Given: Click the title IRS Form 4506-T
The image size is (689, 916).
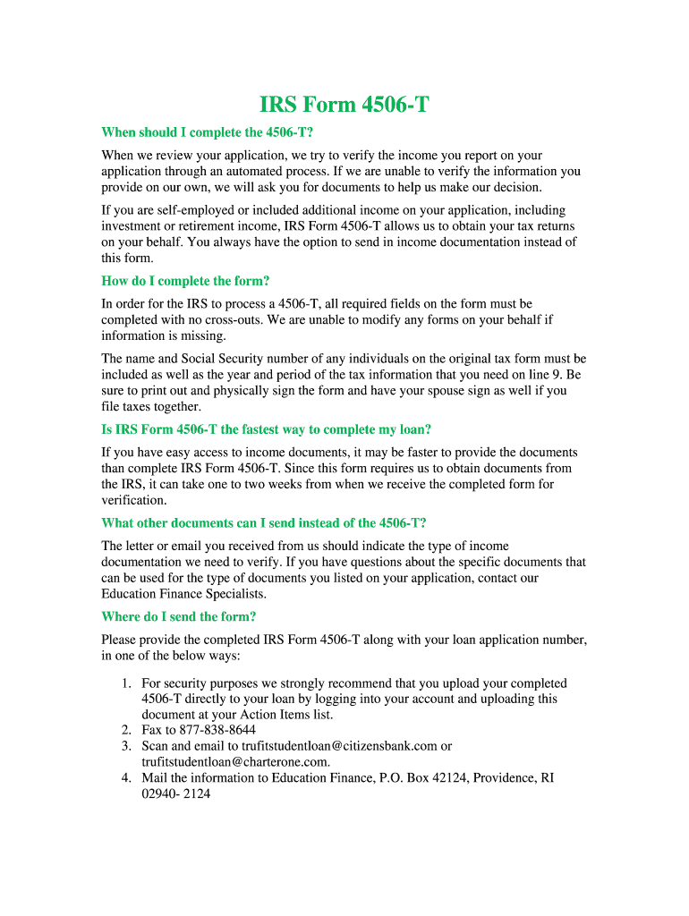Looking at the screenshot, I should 344,105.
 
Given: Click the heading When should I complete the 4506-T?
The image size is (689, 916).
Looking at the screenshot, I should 207,132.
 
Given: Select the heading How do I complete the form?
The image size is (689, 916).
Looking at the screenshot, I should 185,281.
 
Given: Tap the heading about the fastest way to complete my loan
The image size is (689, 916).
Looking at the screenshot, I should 267,429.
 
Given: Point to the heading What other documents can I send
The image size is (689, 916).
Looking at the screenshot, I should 264,522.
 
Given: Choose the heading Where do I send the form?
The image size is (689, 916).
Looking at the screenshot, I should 179,616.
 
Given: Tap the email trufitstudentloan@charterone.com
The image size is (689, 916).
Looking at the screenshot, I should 235,762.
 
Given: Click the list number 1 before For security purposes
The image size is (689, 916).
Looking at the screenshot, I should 127,683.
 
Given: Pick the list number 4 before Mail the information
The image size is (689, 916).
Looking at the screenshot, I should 127,778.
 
